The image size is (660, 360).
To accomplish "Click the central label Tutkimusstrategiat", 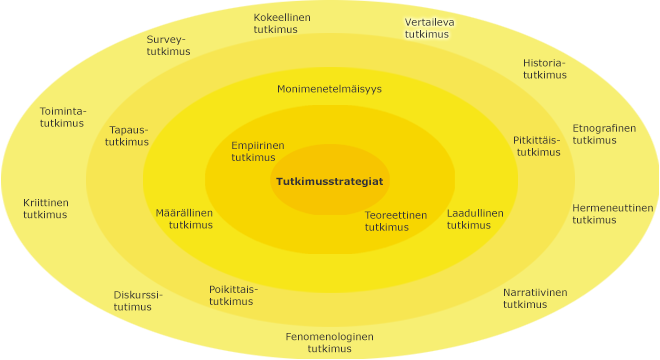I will click(x=329, y=181).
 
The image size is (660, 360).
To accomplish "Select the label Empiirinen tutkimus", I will click(x=257, y=151).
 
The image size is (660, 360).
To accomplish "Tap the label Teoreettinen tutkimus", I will click(x=395, y=221).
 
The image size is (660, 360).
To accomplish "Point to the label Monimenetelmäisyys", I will click(x=329, y=89).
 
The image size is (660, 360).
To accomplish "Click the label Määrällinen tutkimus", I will click(x=184, y=219).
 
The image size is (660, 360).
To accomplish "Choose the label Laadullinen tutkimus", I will click(x=474, y=219).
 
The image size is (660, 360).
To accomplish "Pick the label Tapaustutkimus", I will click(x=128, y=136).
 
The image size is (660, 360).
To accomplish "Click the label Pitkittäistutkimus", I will click(x=537, y=146).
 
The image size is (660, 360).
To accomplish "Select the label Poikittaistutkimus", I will click(x=232, y=295).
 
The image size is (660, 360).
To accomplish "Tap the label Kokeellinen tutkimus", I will click(x=282, y=24).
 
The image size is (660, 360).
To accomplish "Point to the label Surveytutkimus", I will click(x=167, y=46).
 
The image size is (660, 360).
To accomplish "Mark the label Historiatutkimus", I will click(x=544, y=69).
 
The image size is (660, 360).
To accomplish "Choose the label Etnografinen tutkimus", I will click(x=603, y=134).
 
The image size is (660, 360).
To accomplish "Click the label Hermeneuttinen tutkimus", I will click(x=612, y=214).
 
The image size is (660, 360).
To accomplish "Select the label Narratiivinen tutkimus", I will click(x=534, y=298).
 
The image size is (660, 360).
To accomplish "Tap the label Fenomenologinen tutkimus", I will click(x=329, y=342).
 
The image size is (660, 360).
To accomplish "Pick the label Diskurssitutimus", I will click(x=137, y=301).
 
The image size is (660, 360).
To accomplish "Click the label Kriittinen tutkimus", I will click(x=46, y=209).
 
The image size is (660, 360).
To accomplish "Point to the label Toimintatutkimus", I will click(x=62, y=117).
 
